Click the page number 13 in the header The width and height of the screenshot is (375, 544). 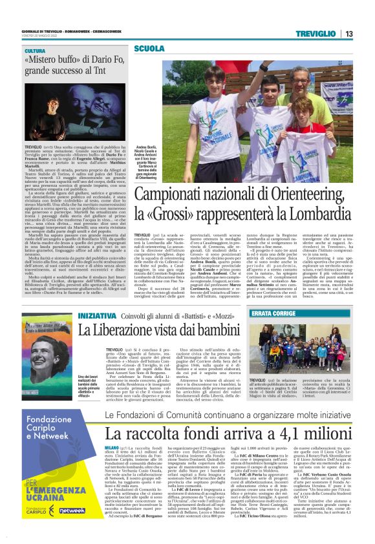348,34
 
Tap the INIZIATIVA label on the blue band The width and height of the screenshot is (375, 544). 97,315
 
